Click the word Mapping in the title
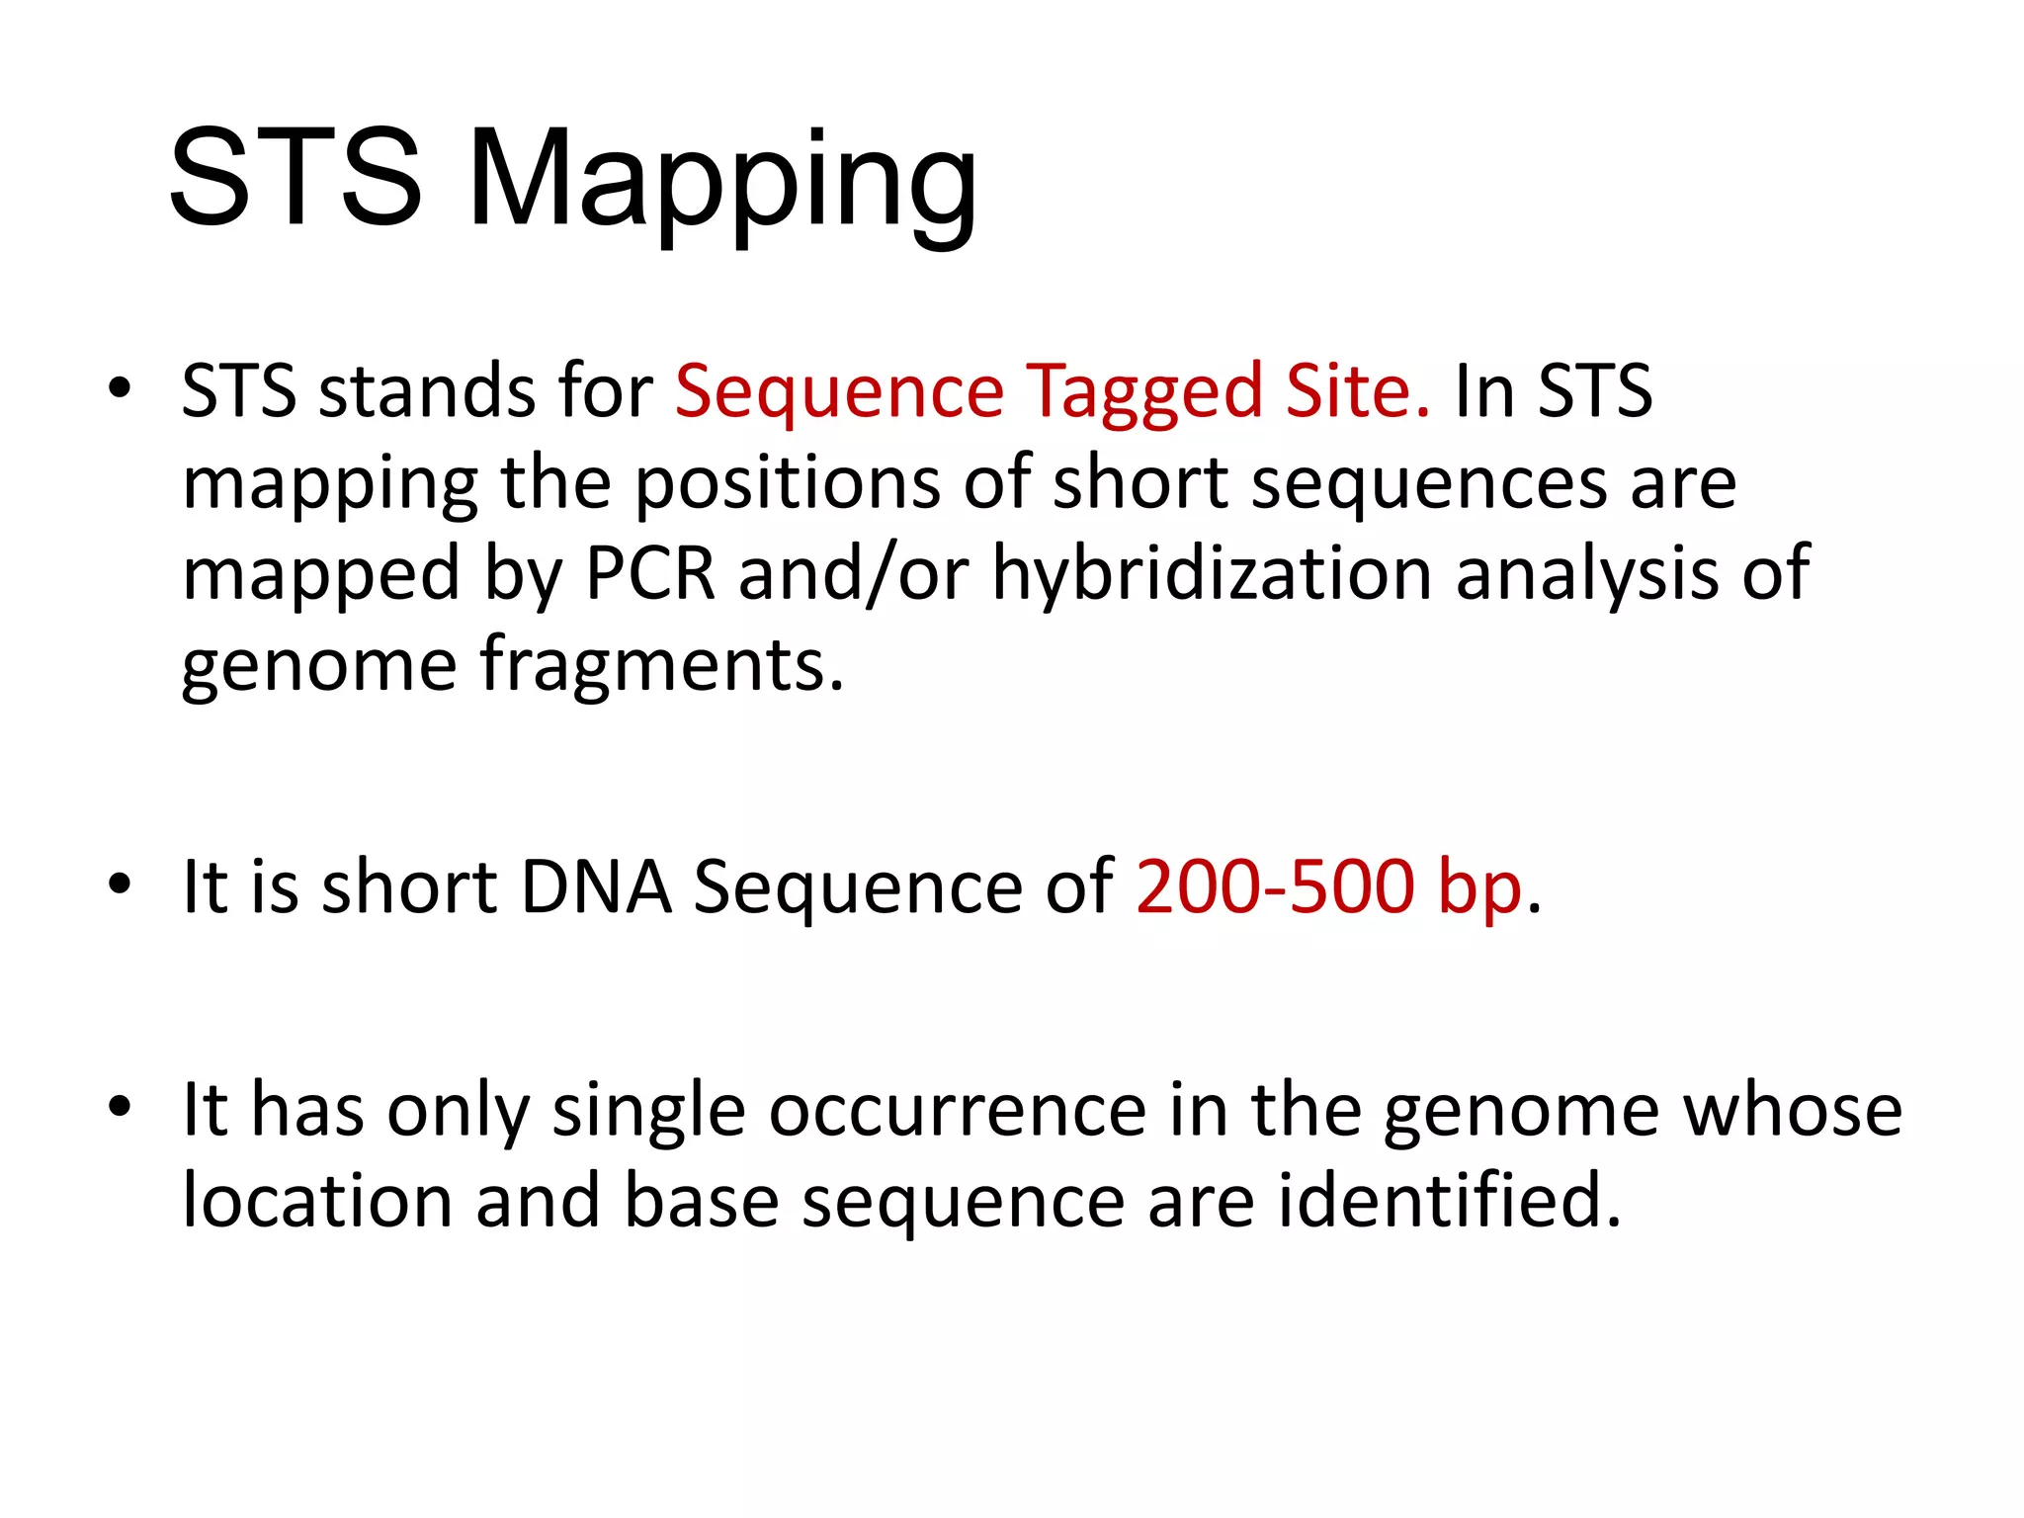721,183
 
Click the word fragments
662,666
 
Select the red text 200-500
1276,886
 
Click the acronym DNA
596,886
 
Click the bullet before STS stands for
120,388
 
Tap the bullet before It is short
120,885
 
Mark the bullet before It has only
120,1108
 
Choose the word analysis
1587,575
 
